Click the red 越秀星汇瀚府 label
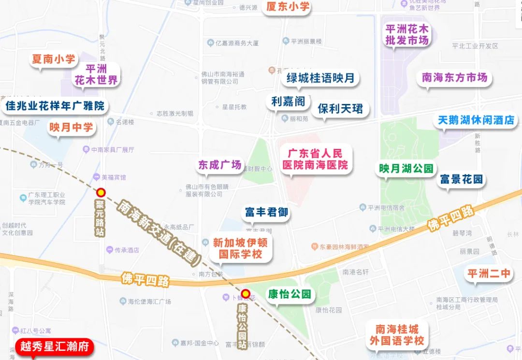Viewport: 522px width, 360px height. click(x=54, y=347)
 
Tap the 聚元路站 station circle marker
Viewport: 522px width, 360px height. click(x=101, y=192)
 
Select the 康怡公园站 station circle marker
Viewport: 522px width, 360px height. click(x=246, y=293)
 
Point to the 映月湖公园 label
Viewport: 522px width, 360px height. click(x=406, y=169)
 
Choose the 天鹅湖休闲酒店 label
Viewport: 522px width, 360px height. click(x=476, y=120)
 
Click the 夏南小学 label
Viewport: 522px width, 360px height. click(x=53, y=59)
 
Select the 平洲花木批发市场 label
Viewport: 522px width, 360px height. click(x=406, y=35)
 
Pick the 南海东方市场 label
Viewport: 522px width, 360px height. click(x=454, y=77)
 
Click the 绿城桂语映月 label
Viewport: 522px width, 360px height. click(x=320, y=78)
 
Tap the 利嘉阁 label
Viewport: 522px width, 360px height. click(x=288, y=101)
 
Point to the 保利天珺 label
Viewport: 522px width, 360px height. click(x=340, y=108)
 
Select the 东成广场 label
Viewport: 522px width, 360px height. click(x=219, y=165)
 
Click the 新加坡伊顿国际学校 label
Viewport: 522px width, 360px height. click(x=240, y=248)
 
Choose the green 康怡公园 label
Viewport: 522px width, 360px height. click(x=290, y=294)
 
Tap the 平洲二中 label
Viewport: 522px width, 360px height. click(x=489, y=274)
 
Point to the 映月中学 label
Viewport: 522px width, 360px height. click(x=71, y=128)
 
